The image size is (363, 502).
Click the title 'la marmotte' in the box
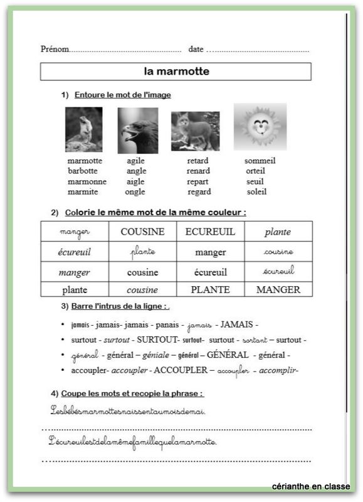(176, 72)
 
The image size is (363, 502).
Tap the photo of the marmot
(83, 129)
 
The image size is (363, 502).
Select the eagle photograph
(137, 130)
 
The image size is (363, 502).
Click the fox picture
(195, 131)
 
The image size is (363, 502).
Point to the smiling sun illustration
(260, 126)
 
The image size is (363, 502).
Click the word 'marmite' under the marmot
(82, 192)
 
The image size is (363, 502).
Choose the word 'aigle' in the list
(135, 181)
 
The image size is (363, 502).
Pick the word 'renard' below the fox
(198, 171)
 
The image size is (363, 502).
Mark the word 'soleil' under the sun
(256, 192)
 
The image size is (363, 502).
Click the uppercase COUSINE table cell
(142, 232)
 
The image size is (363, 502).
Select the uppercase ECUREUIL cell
(210, 232)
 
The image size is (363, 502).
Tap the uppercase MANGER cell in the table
(278, 289)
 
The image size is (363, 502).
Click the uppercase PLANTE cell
(210, 289)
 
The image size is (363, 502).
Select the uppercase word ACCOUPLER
(181, 370)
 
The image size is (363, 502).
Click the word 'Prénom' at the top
(55, 49)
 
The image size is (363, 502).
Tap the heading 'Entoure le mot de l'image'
(122, 95)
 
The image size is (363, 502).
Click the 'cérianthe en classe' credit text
(311, 486)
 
